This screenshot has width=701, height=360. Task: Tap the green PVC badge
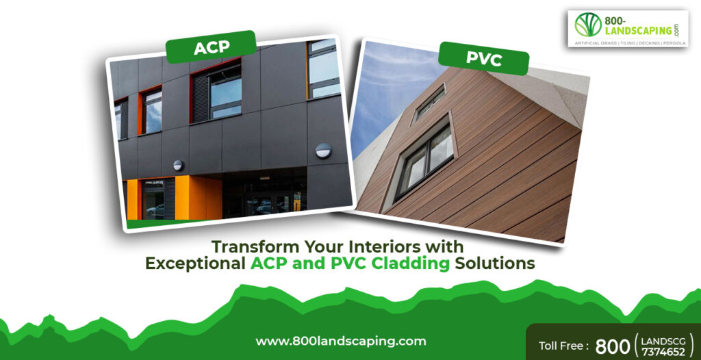pos(483,57)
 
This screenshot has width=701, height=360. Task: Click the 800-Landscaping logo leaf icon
pos(587,25)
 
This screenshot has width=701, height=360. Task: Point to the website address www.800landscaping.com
pos(341,341)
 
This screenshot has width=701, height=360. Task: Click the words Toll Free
pos(562,345)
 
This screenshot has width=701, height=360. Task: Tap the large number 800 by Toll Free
pos(612,346)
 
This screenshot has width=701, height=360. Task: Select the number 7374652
pos(665,352)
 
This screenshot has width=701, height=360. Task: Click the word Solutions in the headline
pos(495,263)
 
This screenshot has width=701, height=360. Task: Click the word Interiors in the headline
pos(384,246)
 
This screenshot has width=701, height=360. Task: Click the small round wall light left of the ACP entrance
pos(178,165)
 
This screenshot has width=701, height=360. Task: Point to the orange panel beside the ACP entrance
pos(191,197)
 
